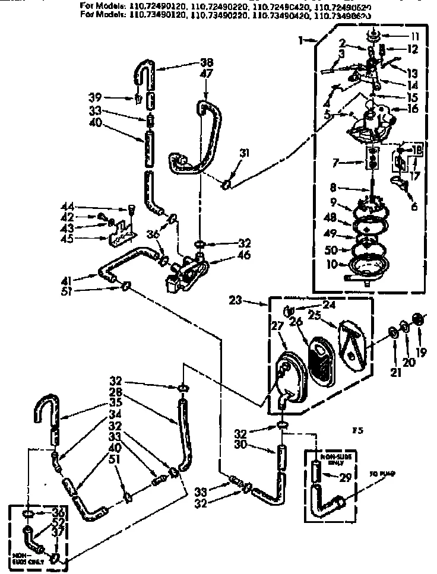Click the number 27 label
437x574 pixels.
[x=277, y=326]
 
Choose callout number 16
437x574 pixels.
[x=413, y=109]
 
